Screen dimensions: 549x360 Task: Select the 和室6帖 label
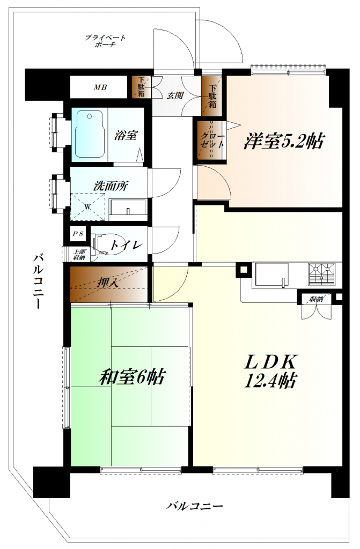click(131, 377)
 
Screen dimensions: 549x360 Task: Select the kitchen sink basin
click(270, 275)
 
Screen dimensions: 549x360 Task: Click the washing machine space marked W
click(87, 206)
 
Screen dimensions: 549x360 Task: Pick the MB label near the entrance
click(100, 87)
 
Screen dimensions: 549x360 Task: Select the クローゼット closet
click(212, 140)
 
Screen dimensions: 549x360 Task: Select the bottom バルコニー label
click(194, 506)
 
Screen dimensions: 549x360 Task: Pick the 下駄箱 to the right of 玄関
click(212, 97)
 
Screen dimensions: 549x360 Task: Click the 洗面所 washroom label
click(111, 187)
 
